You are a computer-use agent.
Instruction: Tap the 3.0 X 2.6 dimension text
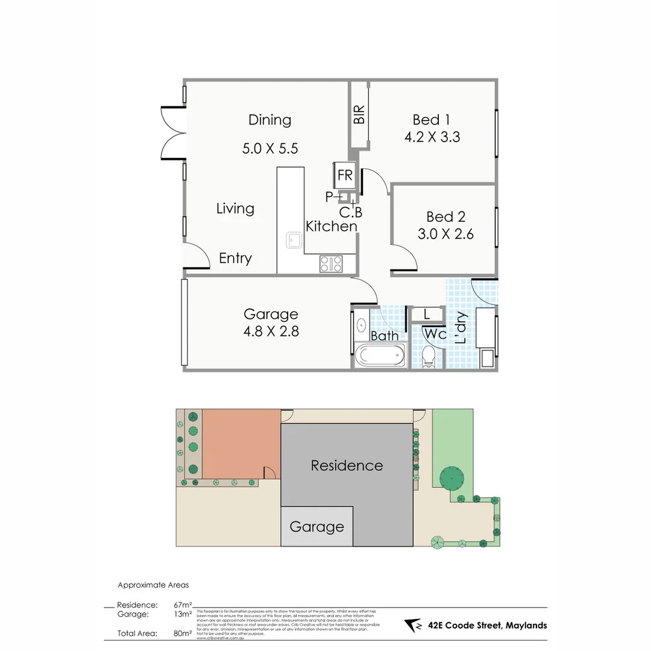coord(445,234)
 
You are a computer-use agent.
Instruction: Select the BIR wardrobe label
coord(359,115)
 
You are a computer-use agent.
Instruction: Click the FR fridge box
coord(344,175)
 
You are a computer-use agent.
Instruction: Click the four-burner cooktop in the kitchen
coord(331,263)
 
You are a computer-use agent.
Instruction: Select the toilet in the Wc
coord(429,356)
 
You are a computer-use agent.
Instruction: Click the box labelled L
coord(427,314)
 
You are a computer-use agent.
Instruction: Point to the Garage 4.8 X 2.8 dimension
coord(271,331)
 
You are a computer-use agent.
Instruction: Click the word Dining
coord(269,120)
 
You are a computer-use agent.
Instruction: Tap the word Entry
coord(235,259)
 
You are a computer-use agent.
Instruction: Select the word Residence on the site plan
coord(347,465)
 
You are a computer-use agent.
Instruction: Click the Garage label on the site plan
coord(316,527)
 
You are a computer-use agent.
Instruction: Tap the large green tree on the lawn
coord(452,479)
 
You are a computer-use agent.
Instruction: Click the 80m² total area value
coord(183,634)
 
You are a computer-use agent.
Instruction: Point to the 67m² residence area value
coord(183,605)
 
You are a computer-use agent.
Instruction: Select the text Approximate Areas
coord(153,585)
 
